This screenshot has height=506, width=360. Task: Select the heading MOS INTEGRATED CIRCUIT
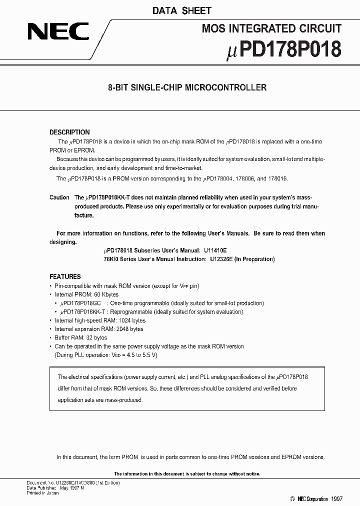click(x=271, y=29)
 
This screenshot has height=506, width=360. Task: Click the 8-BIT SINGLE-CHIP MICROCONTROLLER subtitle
click(x=187, y=87)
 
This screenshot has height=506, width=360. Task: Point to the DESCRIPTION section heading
click(x=69, y=132)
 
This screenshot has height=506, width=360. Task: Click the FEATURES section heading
click(x=65, y=276)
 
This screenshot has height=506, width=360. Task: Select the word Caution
click(x=59, y=197)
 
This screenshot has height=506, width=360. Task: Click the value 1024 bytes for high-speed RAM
click(x=132, y=320)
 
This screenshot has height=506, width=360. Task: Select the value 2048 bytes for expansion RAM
click(x=129, y=329)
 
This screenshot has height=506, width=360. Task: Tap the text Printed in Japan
click(x=42, y=493)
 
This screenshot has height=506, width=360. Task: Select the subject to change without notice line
click(x=187, y=474)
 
